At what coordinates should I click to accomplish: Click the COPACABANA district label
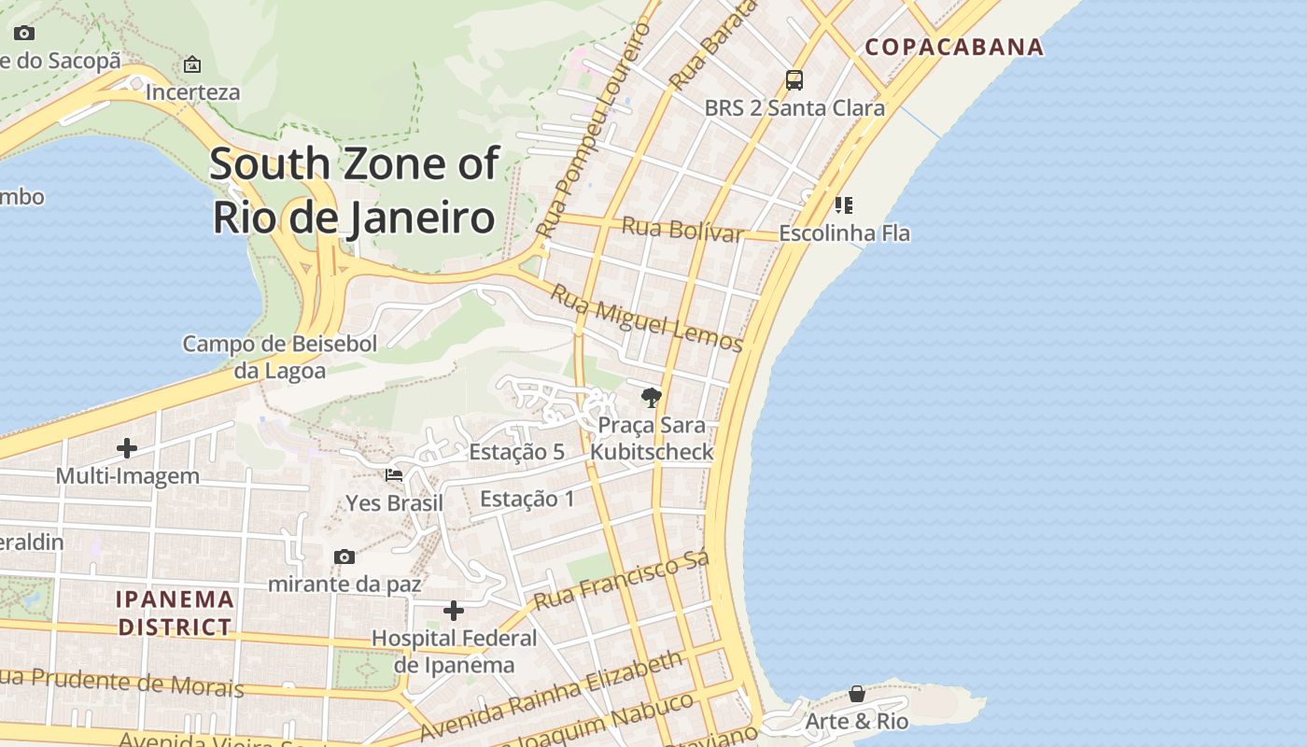[x=953, y=47]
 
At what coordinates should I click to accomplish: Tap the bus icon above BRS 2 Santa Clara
[x=794, y=80]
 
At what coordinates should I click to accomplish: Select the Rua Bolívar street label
[x=682, y=229]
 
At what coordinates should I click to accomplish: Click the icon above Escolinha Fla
[x=844, y=204]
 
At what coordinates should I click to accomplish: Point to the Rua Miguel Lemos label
[x=646, y=318]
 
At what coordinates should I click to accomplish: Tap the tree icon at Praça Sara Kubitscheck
[x=652, y=399]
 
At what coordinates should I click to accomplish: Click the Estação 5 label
[x=516, y=452]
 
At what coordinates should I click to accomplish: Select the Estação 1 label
[x=527, y=499]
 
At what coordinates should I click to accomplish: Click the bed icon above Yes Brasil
[x=394, y=475]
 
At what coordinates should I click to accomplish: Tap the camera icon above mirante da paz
[x=344, y=557]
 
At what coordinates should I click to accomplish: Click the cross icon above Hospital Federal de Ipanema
[x=454, y=611]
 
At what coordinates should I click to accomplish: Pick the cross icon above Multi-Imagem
[x=127, y=448]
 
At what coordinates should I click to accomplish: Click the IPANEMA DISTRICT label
[x=175, y=613]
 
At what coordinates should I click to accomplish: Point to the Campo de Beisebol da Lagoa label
[x=280, y=357]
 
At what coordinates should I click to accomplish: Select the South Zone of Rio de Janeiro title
[x=354, y=190]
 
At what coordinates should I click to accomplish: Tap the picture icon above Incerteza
[x=192, y=64]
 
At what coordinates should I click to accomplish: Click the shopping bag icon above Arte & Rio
[x=856, y=694]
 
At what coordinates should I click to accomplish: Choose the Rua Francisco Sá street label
[x=622, y=580]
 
